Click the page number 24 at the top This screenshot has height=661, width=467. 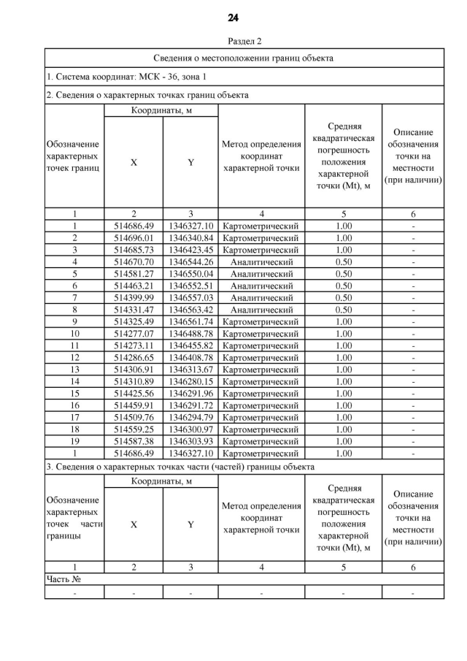(x=233, y=18)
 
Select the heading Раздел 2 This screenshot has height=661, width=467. (x=233, y=42)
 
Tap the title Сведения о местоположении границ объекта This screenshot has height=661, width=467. (x=244, y=58)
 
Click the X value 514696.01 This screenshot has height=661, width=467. (x=134, y=238)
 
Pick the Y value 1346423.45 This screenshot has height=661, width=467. (x=190, y=250)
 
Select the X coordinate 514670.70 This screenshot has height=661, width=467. (x=134, y=261)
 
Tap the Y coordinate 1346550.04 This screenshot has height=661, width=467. (x=190, y=273)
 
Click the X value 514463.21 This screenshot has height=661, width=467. (x=134, y=286)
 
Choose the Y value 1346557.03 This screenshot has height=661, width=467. (x=190, y=297)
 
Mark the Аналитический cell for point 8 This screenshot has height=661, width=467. (x=261, y=309)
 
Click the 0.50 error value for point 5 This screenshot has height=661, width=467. (x=343, y=273)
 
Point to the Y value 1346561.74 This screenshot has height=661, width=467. (x=190, y=321)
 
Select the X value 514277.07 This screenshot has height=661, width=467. (x=134, y=333)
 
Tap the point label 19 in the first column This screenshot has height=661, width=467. (x=74, y=441)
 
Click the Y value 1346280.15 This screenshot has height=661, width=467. (x=190, y=381)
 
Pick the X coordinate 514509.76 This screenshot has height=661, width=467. (x=134, y=417)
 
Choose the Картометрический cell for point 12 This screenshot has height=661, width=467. (x=261, y=357)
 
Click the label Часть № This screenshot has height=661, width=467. (x=63, y=579)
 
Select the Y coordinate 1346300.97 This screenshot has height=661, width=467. (x=190, y=429)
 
